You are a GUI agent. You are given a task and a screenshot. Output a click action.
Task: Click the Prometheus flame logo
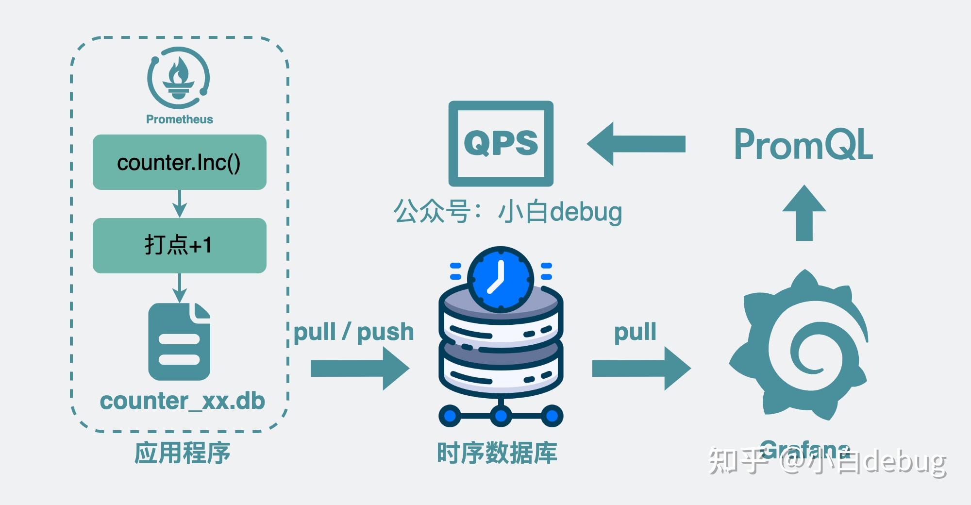click(179, 78)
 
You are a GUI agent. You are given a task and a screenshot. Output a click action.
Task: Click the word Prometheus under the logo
click(179, 119)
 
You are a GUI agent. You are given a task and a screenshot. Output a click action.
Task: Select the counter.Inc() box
click(179, 162)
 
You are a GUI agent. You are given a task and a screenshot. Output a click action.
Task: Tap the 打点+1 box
click(179, 245)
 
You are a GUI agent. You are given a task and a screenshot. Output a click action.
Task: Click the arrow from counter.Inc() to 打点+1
click(180, 203)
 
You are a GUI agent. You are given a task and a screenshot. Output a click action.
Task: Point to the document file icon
click(179, 342)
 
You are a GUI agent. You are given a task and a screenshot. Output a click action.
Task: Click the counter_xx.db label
click(182, 401)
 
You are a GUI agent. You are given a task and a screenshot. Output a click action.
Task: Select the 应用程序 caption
click(182, 453)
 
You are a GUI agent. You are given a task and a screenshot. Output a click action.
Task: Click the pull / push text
click(353, 332)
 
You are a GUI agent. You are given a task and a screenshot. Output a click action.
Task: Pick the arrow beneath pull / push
click(359, 369)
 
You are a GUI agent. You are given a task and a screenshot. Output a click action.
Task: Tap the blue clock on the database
click(501, 280)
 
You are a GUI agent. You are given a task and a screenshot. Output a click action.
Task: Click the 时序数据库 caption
click(497, 453)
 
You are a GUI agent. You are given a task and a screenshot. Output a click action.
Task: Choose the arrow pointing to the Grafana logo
click(641, 369)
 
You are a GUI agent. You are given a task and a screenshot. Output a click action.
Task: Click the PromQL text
click(804, 144)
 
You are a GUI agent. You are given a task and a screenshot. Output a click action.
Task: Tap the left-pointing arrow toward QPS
click(636, 144)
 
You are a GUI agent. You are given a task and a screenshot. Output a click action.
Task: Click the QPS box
click(501, 144)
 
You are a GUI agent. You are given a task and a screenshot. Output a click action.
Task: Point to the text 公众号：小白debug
click(507, 212)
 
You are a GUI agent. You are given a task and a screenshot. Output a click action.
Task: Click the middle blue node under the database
click(501, 416)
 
